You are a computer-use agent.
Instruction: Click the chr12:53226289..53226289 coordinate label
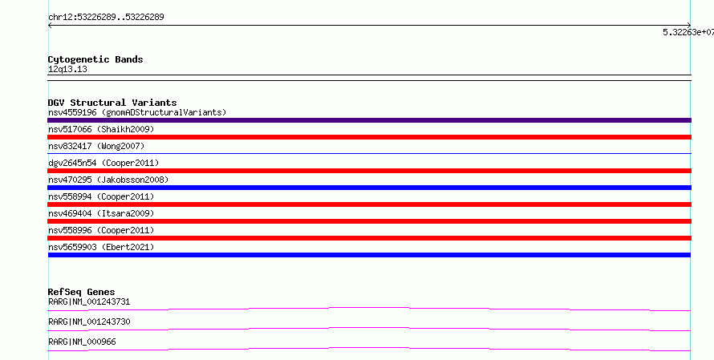[x=106, y=18]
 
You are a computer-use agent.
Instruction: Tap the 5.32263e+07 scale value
[x=688, y=32]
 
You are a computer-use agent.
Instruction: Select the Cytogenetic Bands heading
[x=95, y=59]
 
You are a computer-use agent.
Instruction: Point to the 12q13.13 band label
[x=67, y=69]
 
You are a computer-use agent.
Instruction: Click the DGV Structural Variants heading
[x=112, y=103]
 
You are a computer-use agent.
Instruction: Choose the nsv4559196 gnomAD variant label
[x=137, y=112]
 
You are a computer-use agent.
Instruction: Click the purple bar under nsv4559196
[x=369, y=120]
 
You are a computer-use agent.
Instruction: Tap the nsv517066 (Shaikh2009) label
[x=101, y=129]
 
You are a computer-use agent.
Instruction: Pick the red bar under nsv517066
[x=369, y=137]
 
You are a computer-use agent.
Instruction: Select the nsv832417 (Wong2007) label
[x=96, y=146]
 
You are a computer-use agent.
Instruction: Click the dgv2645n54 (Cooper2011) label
[x=103, y=163]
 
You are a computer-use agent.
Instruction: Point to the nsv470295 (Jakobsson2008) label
[x=108, y=180]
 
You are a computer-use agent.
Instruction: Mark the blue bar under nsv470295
[x=369, y=188]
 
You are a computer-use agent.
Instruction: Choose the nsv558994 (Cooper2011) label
[x=101, y=196]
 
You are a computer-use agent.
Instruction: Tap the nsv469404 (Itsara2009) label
[x=101, y=213]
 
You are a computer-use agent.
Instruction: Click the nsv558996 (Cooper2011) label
[x=101, y=230]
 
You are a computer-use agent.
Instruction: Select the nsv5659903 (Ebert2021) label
[x=101, y=247]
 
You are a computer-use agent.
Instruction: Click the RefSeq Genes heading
[x=82, y=292]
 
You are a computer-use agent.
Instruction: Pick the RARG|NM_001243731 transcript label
[x=89, y=301]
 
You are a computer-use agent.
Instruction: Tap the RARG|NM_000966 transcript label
[x=82, y=342]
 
